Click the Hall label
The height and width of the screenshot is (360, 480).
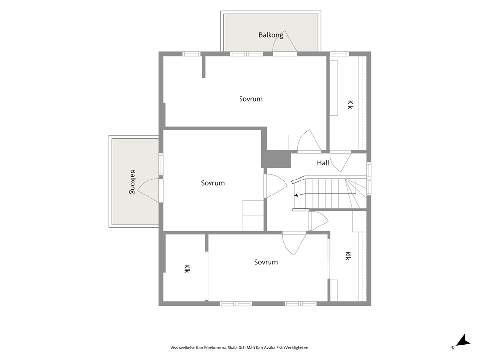(323, 163)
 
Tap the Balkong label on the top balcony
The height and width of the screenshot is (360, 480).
(270, 35)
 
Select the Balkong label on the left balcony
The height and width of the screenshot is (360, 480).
(132, 181)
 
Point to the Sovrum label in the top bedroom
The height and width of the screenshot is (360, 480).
(251, 99)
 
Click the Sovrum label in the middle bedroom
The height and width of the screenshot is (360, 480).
(213, 183)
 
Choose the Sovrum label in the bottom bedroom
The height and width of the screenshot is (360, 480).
(266, 262)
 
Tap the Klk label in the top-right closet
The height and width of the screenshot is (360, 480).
(350, 105)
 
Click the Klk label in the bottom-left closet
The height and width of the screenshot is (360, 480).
(187, 269)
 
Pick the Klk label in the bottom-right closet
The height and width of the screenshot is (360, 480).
(347, 256)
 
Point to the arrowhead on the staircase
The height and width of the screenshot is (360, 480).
(296, 195)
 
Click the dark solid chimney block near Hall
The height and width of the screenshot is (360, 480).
(276, 159)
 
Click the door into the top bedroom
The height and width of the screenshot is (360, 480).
(310, 141)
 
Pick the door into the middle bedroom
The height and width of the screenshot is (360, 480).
(275, 186)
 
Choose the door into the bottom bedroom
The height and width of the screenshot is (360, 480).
(294, 243)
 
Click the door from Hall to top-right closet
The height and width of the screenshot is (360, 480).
(341, 161)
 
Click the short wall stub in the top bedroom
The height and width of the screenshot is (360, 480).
(204, 67)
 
